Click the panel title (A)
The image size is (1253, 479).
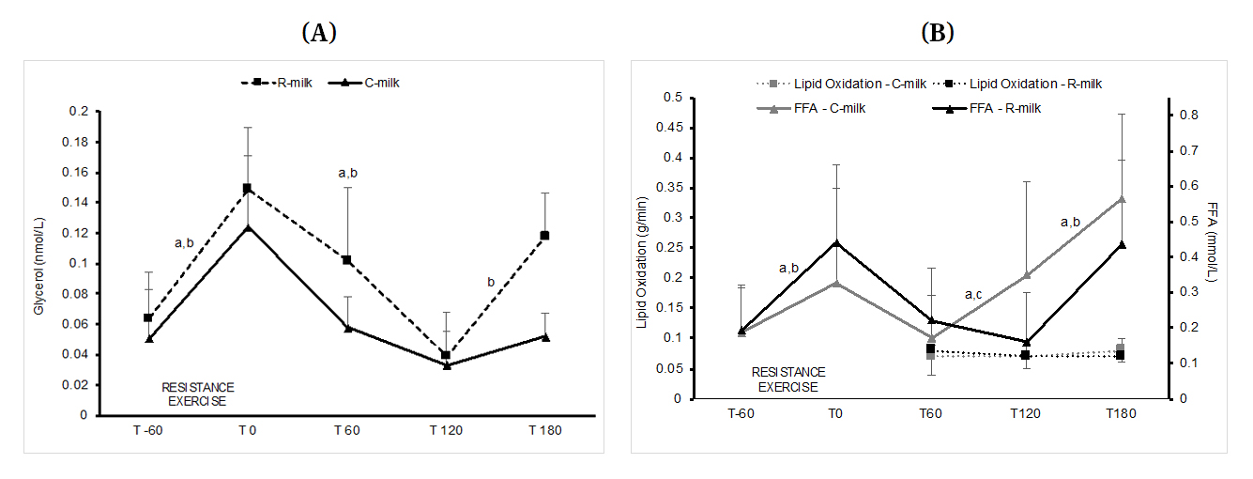318,33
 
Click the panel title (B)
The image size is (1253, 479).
938,33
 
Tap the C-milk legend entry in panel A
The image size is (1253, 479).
369,83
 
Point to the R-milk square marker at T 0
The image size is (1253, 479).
248,188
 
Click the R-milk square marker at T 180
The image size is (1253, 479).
544,235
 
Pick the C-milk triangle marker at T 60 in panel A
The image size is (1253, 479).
346,328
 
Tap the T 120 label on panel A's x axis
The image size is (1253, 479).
446,430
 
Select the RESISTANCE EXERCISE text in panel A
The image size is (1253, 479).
198,394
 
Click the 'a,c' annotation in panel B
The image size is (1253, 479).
973,295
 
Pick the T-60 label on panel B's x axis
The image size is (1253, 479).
741,414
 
